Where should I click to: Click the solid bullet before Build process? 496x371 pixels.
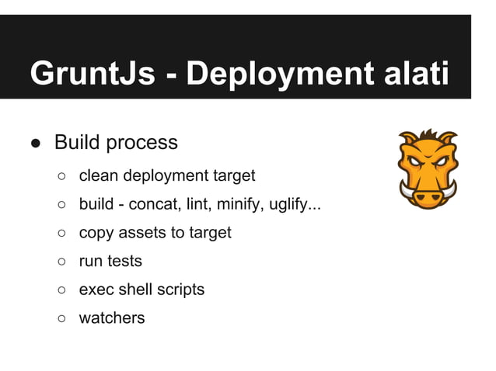pyautogui.click(x=36, y=144)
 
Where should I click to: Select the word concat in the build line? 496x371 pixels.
pyautogui.click(x=154, y=205)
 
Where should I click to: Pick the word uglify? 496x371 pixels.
pyautogui.click(x=295, y=206)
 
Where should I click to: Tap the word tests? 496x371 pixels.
pyautogui.click(x=124, y=262)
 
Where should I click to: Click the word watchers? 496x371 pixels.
pyautogui.click(x=111, y=317)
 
